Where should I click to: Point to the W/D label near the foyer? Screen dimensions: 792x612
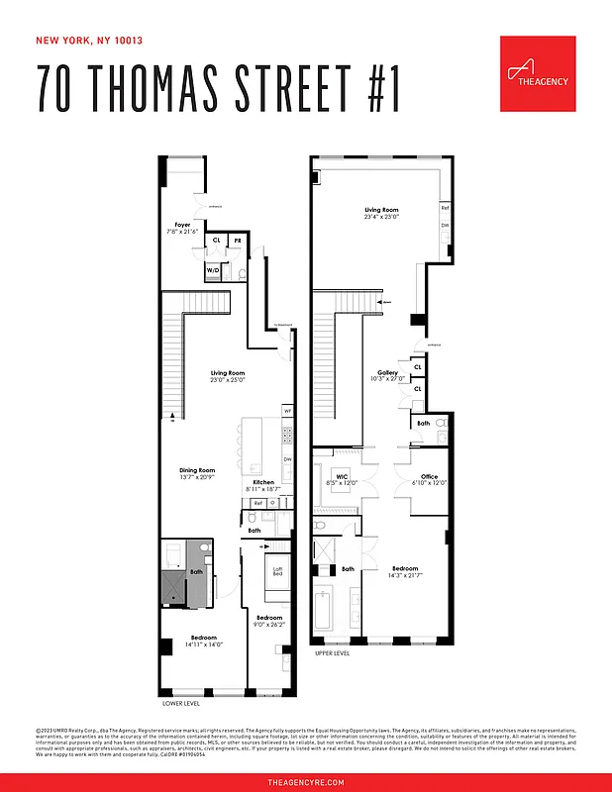point(213,269)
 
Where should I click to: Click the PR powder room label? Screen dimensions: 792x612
point(238,241)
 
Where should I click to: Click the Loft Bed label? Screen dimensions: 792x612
point(278,570)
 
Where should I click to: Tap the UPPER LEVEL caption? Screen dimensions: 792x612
point(333,654)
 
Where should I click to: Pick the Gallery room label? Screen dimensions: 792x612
point(387,373)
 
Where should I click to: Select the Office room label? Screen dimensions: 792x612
point(429,477)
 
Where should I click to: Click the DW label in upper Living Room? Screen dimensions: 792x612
point(446,226)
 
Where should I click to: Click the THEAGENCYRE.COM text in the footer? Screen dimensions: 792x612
point(306,782)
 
